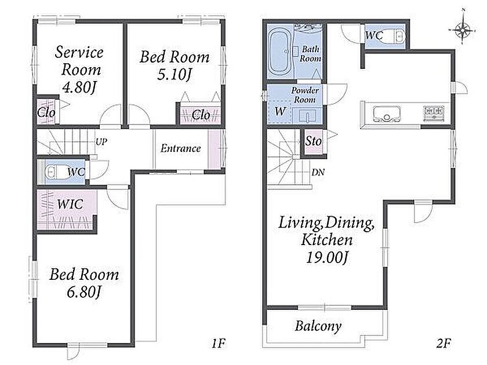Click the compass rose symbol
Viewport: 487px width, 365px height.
(x=463, y=30)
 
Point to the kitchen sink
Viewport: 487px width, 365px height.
(x=387, y=115)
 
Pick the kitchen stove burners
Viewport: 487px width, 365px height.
(x=433, y=111)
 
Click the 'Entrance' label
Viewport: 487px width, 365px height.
(x=180, y=148)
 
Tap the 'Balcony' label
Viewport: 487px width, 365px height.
(x=318, y=326)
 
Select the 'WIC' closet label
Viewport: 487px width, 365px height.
(x=70, y=204)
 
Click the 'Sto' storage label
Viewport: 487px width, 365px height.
(x=313, y=141)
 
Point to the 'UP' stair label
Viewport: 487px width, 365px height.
(x=101, y=142)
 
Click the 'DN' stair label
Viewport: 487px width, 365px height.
(x=318, y=172)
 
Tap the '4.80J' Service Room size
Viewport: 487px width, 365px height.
(x=79, y=88)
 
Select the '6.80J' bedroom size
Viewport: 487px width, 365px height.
(x=84, y=292)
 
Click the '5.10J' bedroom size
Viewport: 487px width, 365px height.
(x=175, y=75)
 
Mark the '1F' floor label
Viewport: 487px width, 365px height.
(x=218, y=343)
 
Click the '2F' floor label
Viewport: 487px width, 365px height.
(x=444, y=343)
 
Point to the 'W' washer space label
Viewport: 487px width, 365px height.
(x=280, y=111)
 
